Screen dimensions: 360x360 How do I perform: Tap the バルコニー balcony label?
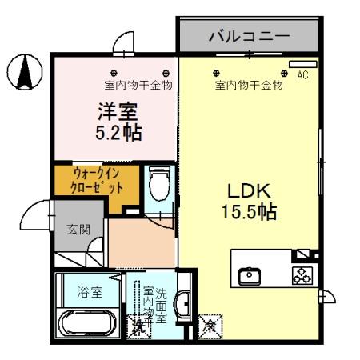point(249,35)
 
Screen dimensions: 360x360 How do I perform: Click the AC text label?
point(302,75)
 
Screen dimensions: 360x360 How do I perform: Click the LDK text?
point(249,193)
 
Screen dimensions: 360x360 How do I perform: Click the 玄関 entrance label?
point(78,230)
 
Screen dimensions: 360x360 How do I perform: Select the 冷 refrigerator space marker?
point(210,326)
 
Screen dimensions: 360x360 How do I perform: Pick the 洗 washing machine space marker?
point(139,326)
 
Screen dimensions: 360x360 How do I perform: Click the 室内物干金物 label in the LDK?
point(249,84)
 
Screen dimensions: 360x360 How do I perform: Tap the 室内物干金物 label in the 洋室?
point(138,84)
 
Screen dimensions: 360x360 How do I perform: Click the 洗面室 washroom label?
point(161,303)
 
